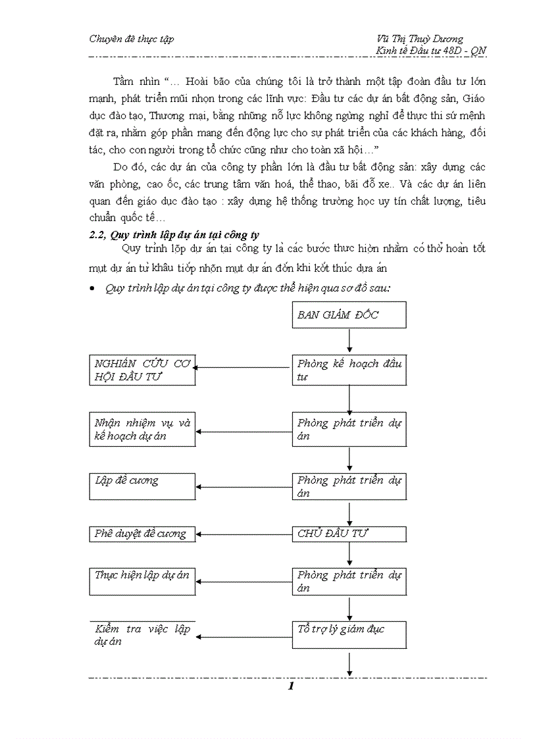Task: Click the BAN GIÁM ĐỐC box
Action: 349,315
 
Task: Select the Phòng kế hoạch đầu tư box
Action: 349,370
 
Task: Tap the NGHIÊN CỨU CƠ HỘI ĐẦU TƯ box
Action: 142,370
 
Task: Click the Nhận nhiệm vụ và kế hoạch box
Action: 142,429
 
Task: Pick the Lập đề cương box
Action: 142,487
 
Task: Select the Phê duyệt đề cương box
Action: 142,534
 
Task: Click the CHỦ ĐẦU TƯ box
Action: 349,534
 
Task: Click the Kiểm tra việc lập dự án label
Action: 142,635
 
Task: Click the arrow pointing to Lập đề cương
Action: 244,488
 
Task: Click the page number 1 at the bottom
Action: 290,687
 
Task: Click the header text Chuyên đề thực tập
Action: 132,39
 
